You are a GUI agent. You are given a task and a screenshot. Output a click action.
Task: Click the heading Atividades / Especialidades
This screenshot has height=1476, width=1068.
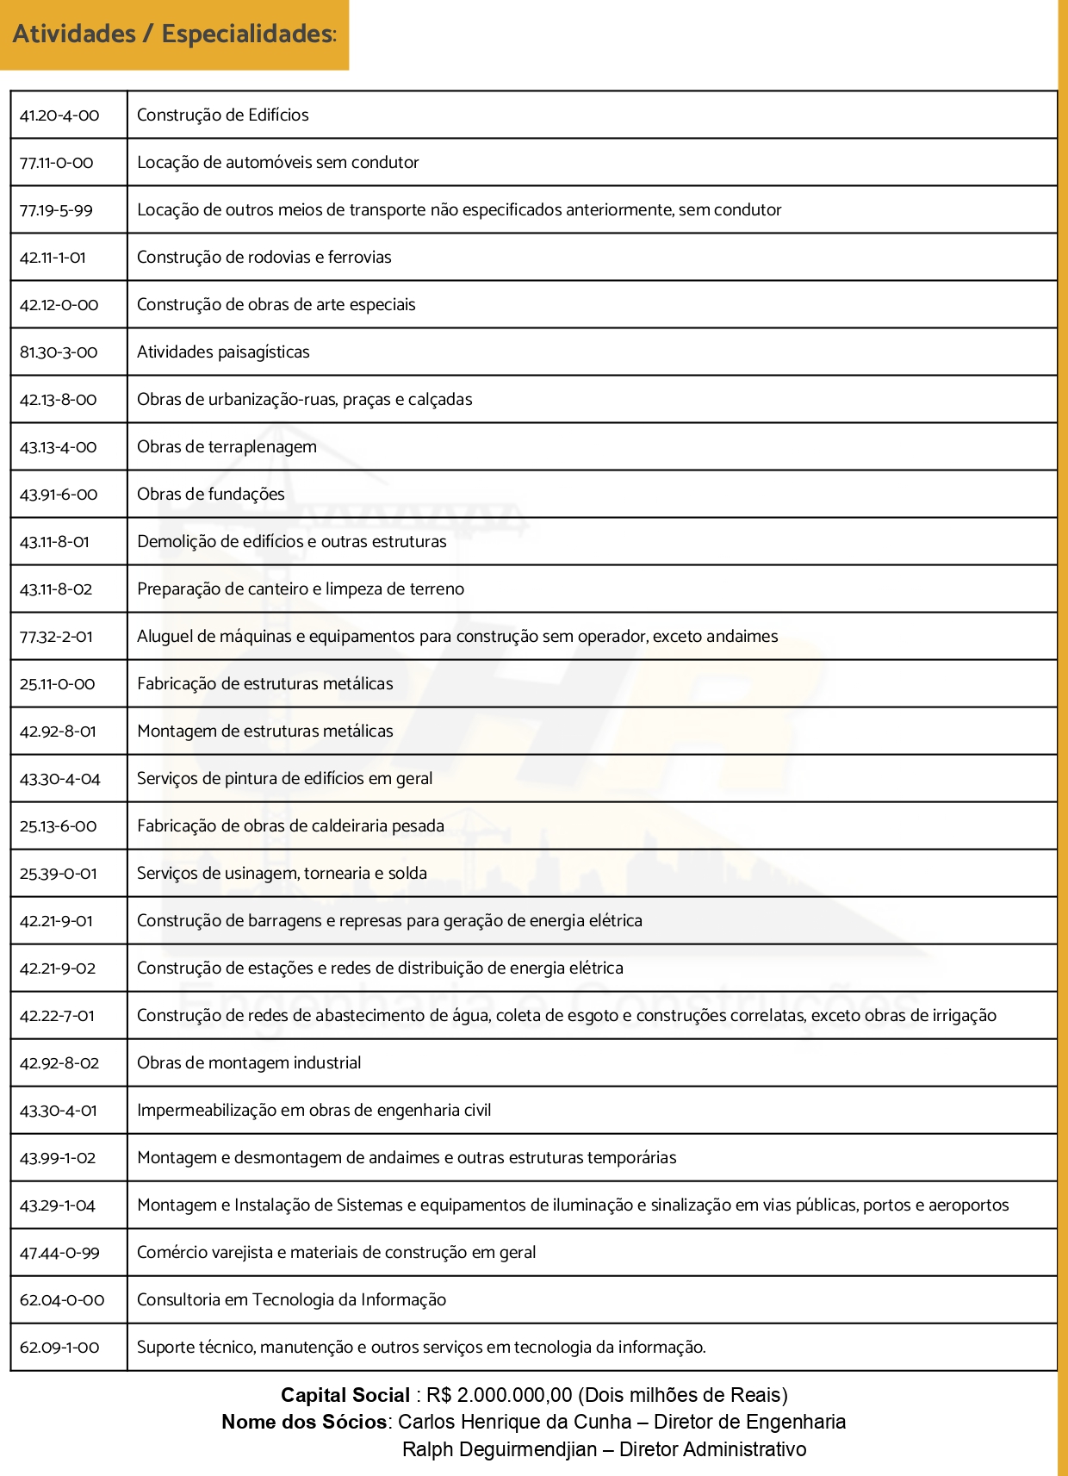click(x=174, y=34)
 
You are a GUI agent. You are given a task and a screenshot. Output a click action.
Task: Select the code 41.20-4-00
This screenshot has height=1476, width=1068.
click(x=59, y=115)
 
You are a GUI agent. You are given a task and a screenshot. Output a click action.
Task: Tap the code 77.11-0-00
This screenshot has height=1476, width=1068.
click(x=57, y=163)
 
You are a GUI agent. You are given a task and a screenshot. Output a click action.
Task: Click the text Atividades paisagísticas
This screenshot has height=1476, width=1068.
click(x=223, y=352)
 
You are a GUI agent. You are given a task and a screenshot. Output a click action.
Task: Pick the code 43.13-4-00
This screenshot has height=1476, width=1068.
click(x=59, y=447)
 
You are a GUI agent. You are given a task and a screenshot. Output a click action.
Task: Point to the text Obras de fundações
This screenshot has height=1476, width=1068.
click(x=211, y=494)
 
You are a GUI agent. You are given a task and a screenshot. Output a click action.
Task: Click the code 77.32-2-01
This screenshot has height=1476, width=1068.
click(x=56, y=637)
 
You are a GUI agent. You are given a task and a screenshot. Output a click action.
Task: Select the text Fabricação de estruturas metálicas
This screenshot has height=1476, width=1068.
click(x=264, y=683)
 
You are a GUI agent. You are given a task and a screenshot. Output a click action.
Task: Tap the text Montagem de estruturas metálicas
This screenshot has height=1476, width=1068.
click(x=264, y=731)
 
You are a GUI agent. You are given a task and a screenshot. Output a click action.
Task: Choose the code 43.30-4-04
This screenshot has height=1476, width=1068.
click(x=60, y=779)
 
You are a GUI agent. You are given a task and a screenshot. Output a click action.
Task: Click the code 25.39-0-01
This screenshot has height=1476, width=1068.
click(x=59, y=874)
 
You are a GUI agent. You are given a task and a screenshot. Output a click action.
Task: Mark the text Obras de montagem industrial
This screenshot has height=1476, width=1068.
click(x=249, y=1062)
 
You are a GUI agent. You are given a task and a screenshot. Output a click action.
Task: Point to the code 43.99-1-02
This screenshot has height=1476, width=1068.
click(x=58, y=1158)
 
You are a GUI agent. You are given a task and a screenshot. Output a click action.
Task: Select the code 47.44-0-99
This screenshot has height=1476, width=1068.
click(x=59, y=1253)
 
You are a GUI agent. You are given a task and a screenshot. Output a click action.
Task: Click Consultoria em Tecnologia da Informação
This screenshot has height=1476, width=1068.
click(x=291, y=1299)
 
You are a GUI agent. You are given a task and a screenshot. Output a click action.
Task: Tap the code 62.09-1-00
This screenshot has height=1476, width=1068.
click(x=59, y=1348)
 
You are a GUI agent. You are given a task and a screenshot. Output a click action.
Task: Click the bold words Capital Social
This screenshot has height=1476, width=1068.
click(x=345, y=1395)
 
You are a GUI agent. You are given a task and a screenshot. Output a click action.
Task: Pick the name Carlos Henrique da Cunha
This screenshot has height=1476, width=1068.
click(x=514, y=1422)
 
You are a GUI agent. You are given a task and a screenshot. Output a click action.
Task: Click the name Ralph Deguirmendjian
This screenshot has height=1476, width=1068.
click(x=499, y=1449)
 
